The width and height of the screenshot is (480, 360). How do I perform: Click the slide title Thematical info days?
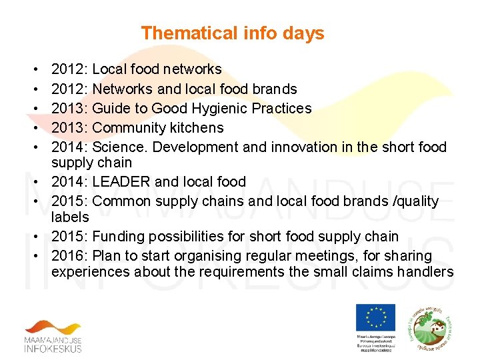click(x=233, y=33)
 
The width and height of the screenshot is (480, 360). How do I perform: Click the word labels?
click(x=70, y=217)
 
